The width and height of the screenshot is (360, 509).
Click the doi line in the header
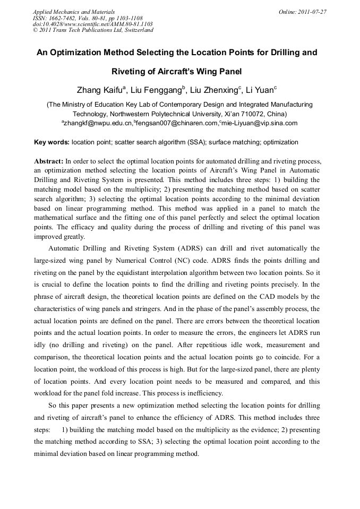pos(92,24)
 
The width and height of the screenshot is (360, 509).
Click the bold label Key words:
pos(52,142)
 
